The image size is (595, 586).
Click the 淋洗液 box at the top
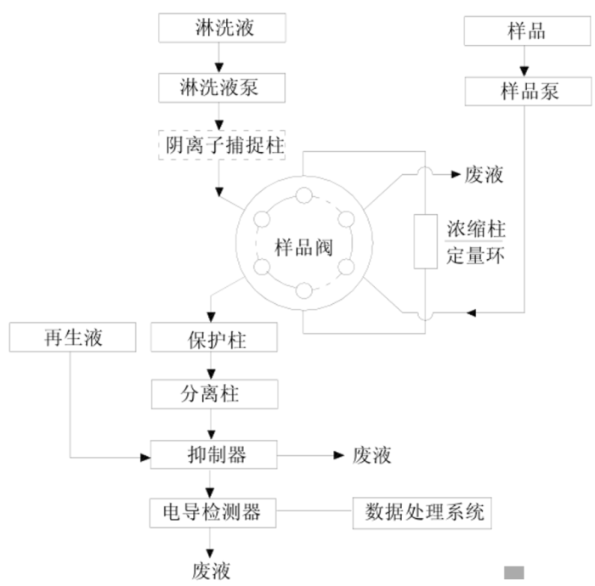click(219, 29)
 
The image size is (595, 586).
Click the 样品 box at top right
click(526, 31)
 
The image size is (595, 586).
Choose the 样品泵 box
click(526, 90)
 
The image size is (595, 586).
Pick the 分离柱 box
click(212, 394)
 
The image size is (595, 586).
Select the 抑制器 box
click(212, 454)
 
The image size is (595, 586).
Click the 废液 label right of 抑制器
click(371, 455)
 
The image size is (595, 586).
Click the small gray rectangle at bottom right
click(515, 572)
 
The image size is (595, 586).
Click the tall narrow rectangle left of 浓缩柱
click(423, 242)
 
